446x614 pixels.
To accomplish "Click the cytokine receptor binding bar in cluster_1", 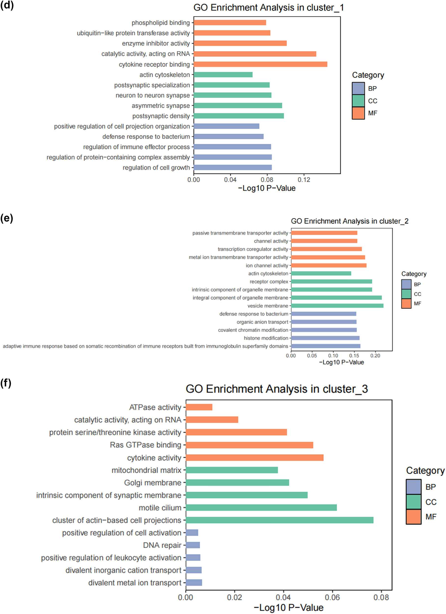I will (x=260, y=64).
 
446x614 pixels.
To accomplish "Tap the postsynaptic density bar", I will (x=239, y=116).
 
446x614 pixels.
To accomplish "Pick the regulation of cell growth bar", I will (x=233, y=167).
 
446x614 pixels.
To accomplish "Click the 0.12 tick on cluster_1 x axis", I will (x=304, y=180).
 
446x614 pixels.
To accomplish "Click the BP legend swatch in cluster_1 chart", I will (x=358, y=88).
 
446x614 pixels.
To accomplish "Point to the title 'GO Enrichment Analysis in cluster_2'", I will (x=349, y=221).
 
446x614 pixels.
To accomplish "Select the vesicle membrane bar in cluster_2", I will (x=337, y=306).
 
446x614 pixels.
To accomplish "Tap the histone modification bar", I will (x=325, y=338).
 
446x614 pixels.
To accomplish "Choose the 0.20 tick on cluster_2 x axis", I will (x=375, y=356).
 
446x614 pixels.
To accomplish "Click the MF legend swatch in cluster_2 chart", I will (x=406, y=304).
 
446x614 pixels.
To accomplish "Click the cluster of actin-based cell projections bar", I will (x=279, y=520).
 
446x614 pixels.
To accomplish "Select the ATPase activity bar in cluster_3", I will (x=199, y=407).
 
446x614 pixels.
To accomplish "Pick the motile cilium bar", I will (x=261, y=508).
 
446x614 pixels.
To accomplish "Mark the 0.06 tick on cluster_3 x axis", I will (x=332, y=597).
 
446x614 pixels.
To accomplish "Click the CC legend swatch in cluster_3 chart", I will (x=413, y=502).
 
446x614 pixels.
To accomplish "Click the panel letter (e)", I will (x=7, y=218).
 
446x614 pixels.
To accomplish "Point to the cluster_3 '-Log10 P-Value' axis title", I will (x=288, y=608).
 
